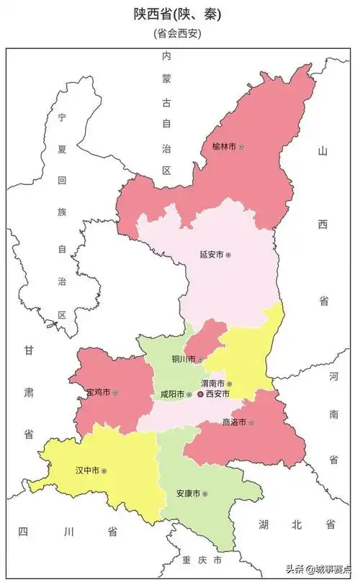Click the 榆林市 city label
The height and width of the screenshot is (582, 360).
(224, 147)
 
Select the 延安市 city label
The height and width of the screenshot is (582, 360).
(211, 255)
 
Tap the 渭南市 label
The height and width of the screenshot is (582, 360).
(212, 384)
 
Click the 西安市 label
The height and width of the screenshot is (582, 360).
(217, 394)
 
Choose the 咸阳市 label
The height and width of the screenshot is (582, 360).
(173, 394)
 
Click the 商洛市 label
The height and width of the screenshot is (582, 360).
(234, 422)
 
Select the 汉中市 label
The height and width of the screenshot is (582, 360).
(87, 470)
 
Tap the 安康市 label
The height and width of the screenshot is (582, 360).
(188, 494)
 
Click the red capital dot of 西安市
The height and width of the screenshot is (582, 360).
(200, 394)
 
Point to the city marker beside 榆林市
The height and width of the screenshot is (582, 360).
(241, 147)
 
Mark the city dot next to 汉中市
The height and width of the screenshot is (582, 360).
(104, 470)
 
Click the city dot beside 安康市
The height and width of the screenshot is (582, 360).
(205, 494)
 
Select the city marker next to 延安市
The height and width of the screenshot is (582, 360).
(228, 255)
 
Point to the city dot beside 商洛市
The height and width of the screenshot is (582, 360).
(251, 422)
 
